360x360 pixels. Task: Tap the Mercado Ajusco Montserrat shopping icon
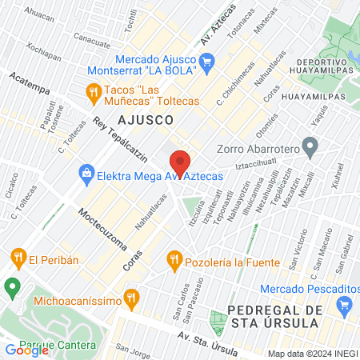(206, 61)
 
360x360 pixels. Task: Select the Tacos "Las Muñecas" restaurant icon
(94, 92)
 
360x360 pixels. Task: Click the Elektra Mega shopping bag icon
(86, 172)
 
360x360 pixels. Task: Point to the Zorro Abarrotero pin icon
(311, 146)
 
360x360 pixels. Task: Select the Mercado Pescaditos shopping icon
(345, 304)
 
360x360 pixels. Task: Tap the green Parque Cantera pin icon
(12, 286)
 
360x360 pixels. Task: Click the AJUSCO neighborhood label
(146, 119)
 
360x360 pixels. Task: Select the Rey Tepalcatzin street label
(122, 141)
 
